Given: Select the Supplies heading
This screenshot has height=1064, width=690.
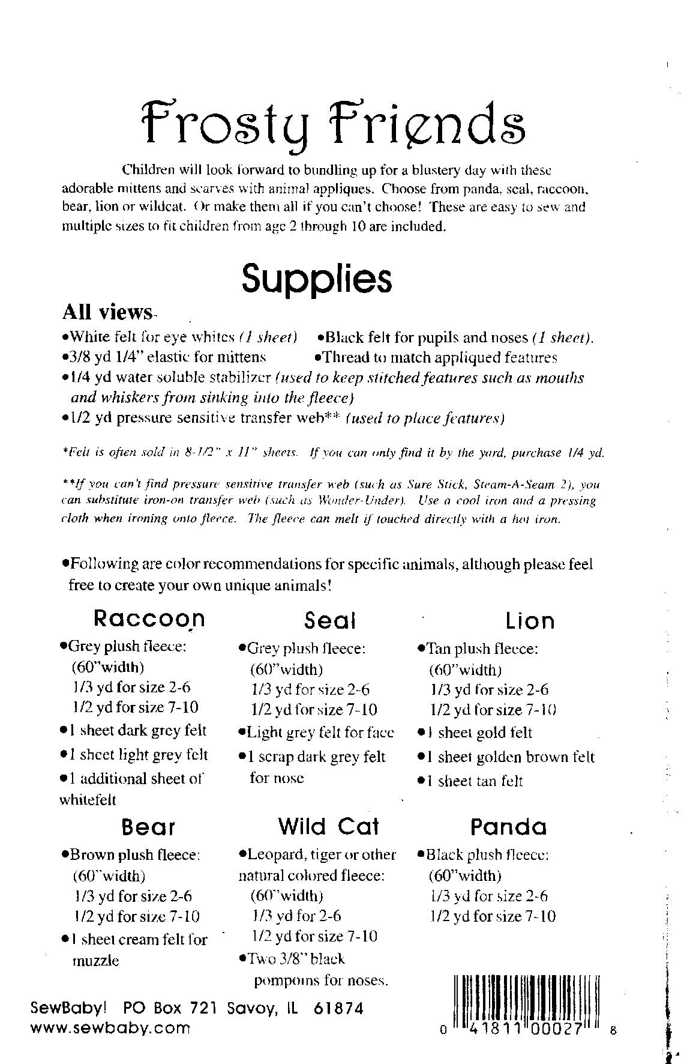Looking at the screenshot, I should click(x=316, y=278).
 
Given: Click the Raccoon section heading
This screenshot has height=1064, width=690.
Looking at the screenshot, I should click(x=149, y=618).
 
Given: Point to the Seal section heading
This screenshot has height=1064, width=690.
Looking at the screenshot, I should click(x=329, y=620).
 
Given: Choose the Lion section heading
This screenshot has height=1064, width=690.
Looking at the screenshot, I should click(x=530, y=620).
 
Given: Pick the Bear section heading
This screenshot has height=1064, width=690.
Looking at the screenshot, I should click(x=148, y=827).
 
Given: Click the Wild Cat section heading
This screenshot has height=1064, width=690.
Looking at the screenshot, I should click(x=328, y=827).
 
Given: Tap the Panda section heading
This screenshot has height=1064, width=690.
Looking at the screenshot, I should click(x=508, y=827).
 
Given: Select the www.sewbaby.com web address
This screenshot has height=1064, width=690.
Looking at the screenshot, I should click(x=110, y=1028).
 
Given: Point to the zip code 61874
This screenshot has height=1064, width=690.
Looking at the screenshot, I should click(x=338, y=1009).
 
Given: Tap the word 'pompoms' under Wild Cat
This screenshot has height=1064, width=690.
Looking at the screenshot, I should click(x=285, y=981).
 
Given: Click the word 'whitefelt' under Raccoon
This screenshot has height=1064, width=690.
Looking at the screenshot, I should click(x=88, y=800).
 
